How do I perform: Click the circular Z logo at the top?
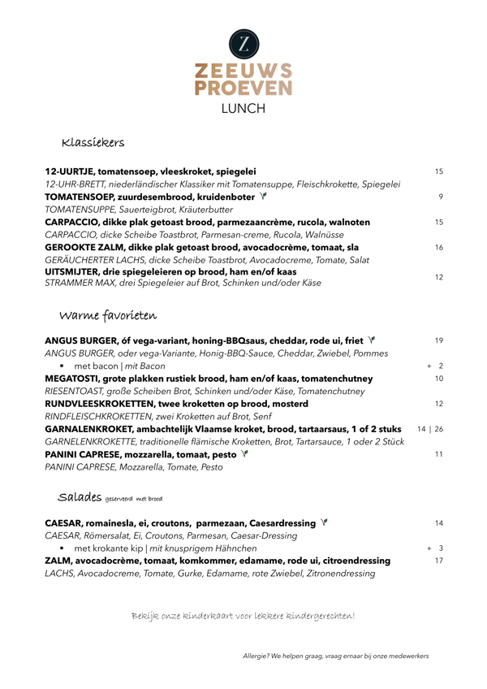(243, 43)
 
